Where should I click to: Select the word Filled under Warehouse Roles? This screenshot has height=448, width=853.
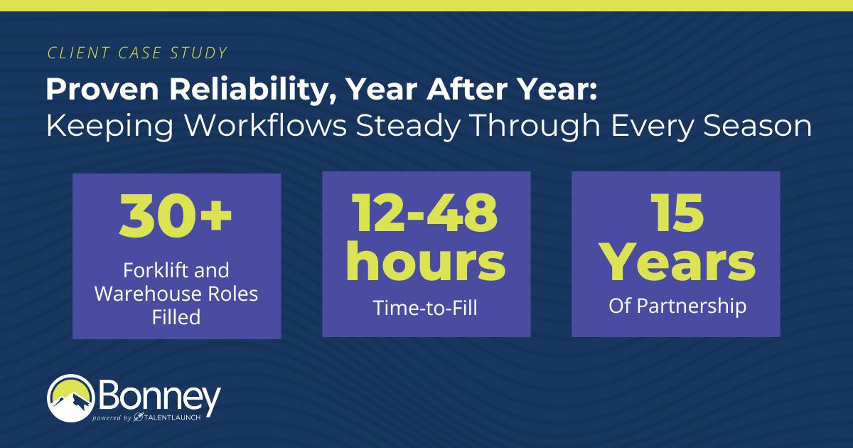[176, 316]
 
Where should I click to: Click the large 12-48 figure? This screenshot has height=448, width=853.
[426, 213]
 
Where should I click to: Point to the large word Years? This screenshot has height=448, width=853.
[675, 261]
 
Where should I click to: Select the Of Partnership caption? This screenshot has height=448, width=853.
[675, 306]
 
